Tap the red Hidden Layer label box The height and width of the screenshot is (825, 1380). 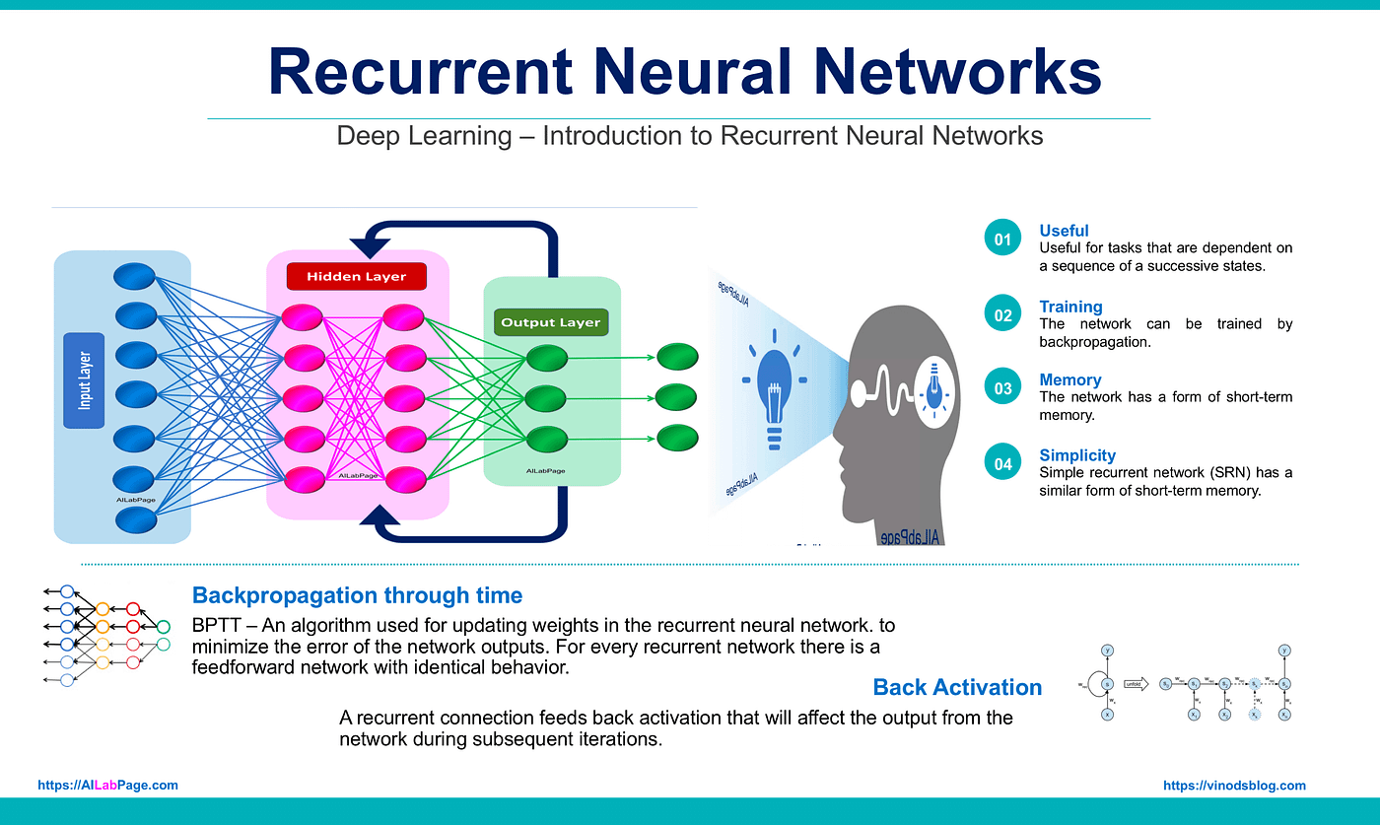coord(356,277)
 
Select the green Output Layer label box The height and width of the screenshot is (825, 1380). coord(550,322)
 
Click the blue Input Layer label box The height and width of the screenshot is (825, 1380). coord(84,380)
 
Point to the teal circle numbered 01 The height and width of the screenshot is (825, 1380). coord(1002,240)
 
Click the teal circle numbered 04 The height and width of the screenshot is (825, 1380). coord(1002,463)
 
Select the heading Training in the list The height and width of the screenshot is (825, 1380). coord(1070,307)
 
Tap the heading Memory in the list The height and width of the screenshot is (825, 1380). coord(1069,379)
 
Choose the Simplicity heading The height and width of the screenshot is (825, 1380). coord(1077,455)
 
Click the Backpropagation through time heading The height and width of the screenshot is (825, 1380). coord(357,595)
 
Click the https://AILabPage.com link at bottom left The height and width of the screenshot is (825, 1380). coord(108,786)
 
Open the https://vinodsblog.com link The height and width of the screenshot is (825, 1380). coord(1234,786)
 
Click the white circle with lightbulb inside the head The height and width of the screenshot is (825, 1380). coord(931,385)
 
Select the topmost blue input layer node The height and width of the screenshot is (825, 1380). coord(136,275)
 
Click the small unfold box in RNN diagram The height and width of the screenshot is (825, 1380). coord(1136,683)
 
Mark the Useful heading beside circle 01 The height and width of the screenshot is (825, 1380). coord(1064,231)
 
